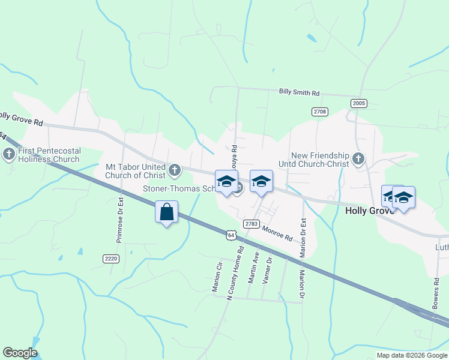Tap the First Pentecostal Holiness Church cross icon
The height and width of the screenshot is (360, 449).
pyautogui.click(x=9, y=155)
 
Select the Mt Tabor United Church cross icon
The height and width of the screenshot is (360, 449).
pyautogui.click(x=174, y=171)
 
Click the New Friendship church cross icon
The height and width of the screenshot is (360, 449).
pyautogui.click(x=358, y=159)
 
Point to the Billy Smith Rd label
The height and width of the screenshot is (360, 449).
pyautogui.click(x=299, y=93)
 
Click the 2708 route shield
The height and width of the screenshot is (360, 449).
pyautogui.click(x=320, y=112)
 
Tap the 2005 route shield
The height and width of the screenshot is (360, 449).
pyautogui.click(x=359, y=103)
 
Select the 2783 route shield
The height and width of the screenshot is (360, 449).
pyautogui.click(x=252, y=224)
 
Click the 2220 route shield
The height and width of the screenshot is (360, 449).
pyautogui.click(x=111, y=259)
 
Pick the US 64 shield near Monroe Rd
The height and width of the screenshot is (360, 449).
pyautogui.click(x=231, y=235)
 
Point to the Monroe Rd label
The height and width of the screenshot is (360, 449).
pyautogui.click(x=276, y=233)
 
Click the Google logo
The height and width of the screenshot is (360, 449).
pyautogui.click(x=20, y=353)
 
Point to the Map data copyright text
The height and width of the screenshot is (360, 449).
pyautogui.click(x=412, y=355)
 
